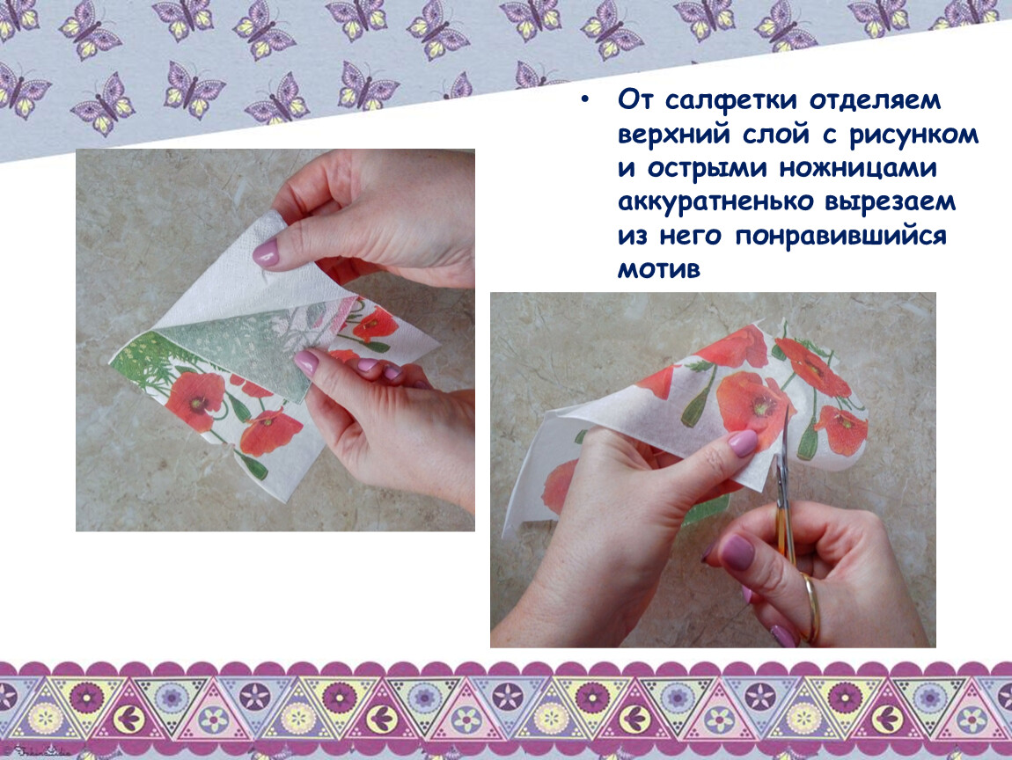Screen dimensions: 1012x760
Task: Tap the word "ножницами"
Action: coord(858,168)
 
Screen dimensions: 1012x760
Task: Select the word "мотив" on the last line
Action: coord(659,269)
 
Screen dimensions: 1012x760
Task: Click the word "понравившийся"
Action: coord(841,236)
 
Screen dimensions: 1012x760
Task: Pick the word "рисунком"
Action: coord(914,135)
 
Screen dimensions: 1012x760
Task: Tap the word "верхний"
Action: coord(674,135)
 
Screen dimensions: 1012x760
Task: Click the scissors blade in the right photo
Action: coord(783,464)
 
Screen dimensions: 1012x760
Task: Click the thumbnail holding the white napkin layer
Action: coord(265,252)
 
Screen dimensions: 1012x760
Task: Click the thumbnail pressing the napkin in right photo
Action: coord(742,443)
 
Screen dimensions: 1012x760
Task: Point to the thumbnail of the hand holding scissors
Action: coord(737,552)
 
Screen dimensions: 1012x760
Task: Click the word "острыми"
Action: coord(708,168)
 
